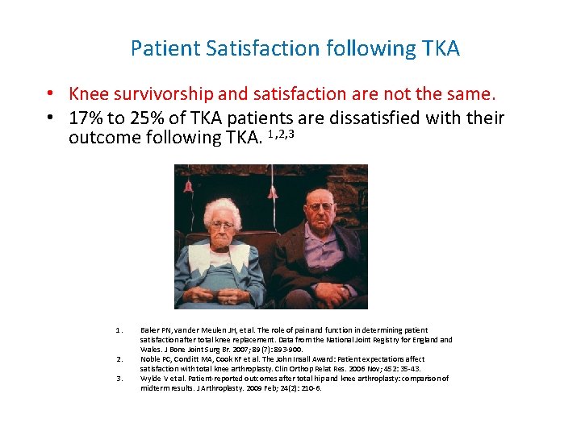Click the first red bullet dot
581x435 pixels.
51,94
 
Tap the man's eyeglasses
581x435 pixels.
320,207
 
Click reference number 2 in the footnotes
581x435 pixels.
119,359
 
